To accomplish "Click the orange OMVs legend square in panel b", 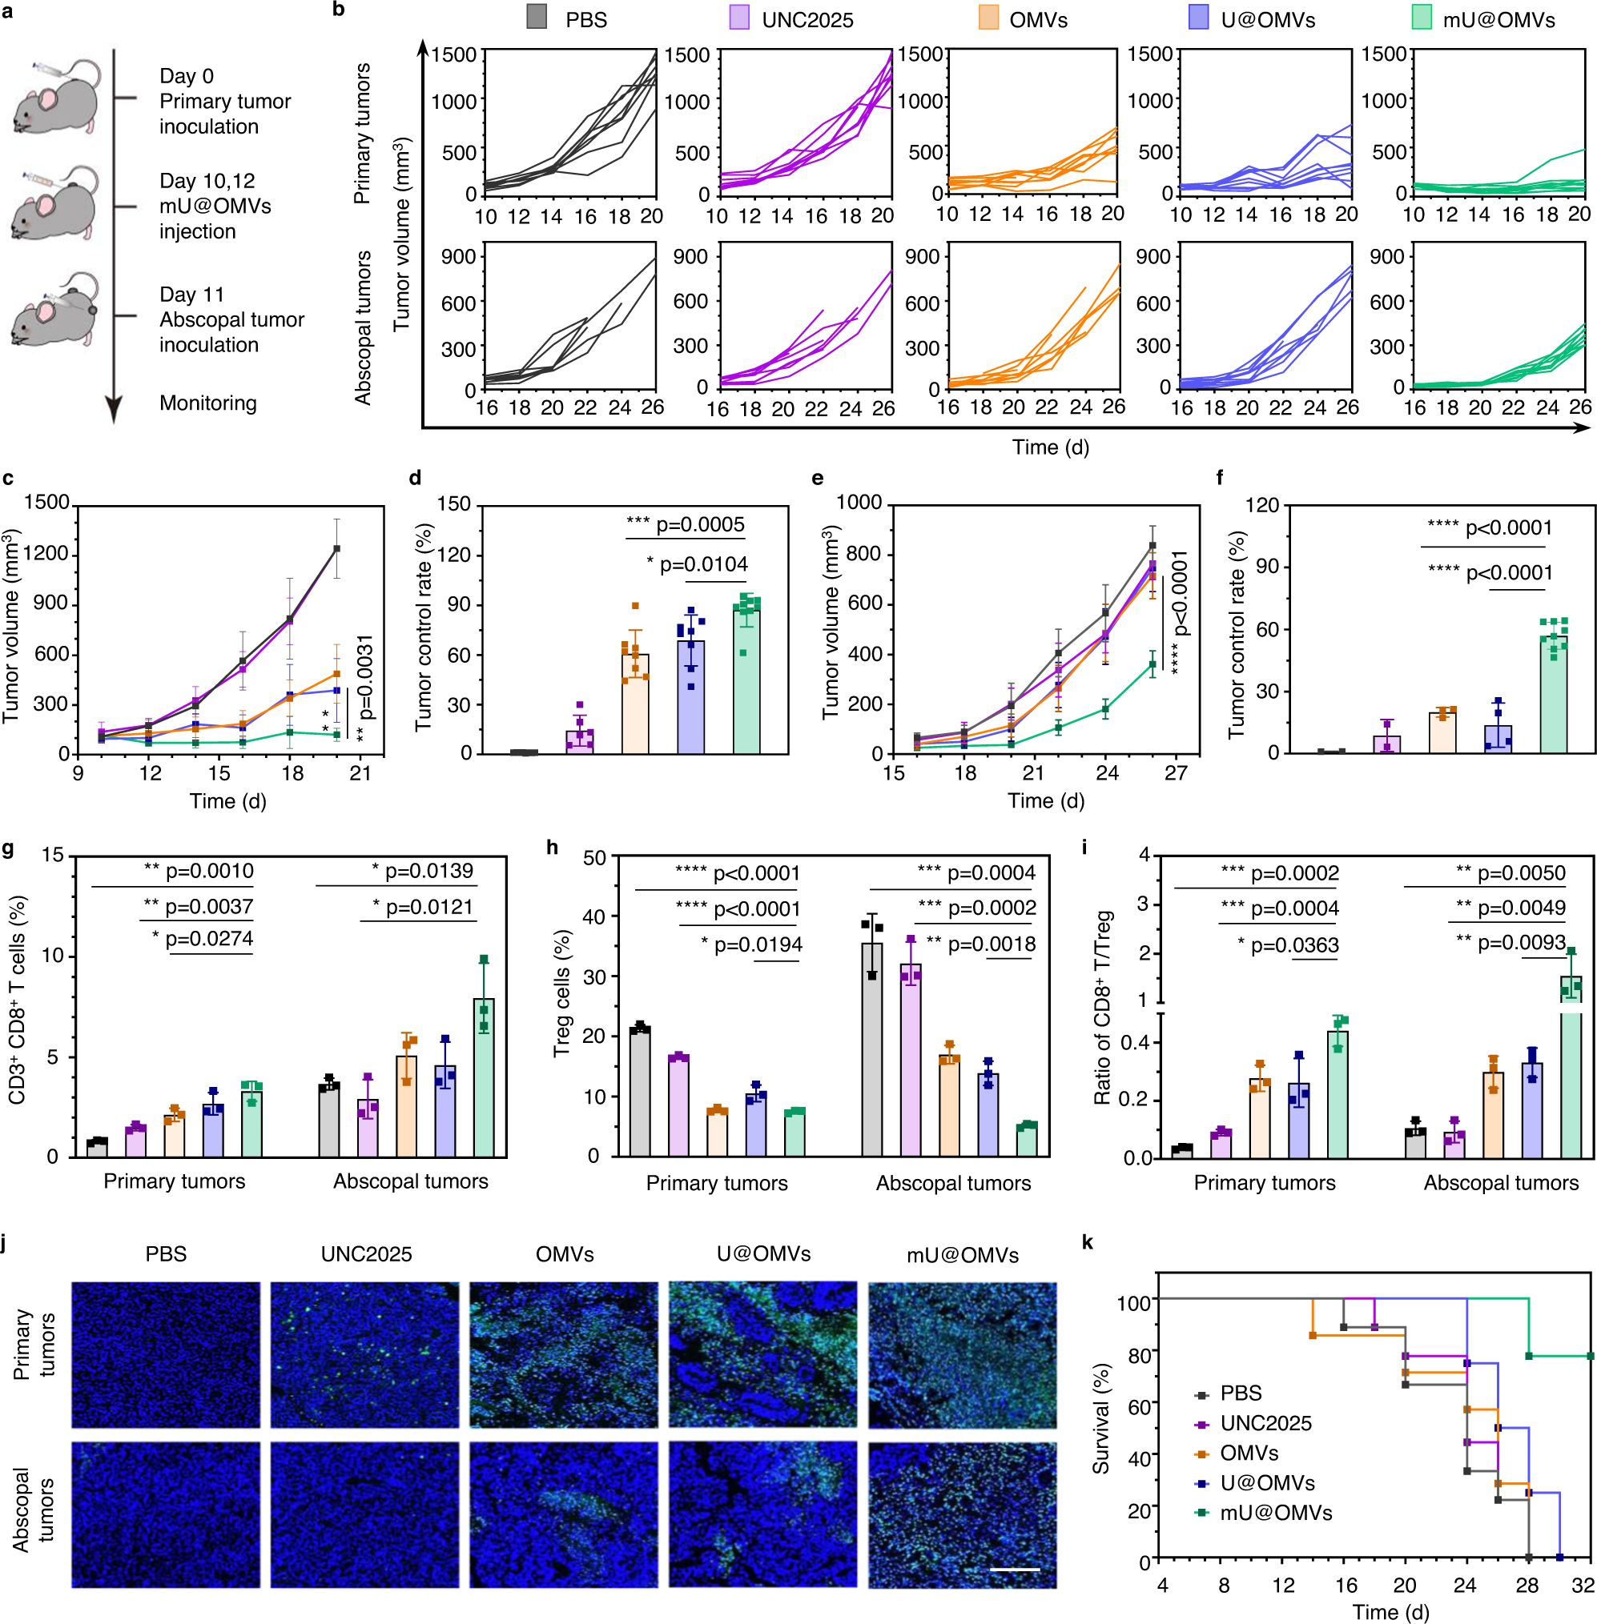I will pos(989,18).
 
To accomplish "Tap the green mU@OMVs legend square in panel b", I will pos(1422,18).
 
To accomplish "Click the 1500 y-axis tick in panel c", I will pos(47,502).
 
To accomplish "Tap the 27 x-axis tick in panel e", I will pos(1176,773).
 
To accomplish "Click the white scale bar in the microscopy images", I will pos(1014,1569).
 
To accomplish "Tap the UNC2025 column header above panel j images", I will pos(367,1254).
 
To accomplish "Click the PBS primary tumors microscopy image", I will pos(165,1355).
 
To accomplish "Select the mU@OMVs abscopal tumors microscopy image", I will pos(962,1515).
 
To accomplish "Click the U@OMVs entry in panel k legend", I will pos(1266,1483).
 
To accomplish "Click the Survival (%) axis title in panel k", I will pos(1100,1418).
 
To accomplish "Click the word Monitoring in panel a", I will pos(208,403).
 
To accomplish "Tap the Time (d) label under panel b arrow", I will pos(1050,447).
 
